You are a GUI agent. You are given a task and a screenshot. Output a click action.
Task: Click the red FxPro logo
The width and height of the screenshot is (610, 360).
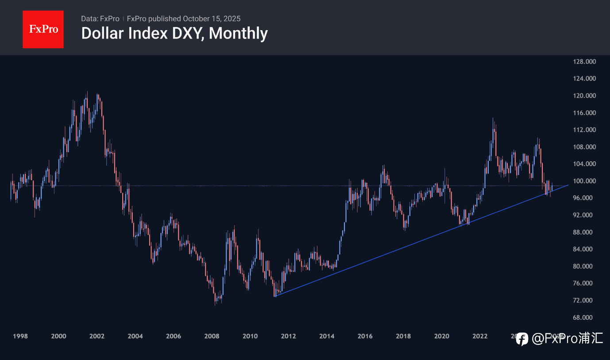click(x=43, y=29)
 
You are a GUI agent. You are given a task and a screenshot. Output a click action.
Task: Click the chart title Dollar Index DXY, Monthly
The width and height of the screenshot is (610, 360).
click(x=174, y=34)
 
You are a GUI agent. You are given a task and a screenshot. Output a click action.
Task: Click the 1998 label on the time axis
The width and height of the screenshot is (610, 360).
click(x=20, y=337)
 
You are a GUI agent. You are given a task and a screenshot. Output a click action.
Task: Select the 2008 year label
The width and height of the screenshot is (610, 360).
click(x=212, y=337)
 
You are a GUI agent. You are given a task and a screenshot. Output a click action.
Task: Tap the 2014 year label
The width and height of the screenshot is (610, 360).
click(x=327, y=337)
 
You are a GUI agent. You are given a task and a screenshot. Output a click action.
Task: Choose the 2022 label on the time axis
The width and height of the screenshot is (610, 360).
click(x=480, y=337)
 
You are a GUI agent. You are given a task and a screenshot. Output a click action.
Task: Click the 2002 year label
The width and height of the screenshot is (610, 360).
click(x=97, y=337)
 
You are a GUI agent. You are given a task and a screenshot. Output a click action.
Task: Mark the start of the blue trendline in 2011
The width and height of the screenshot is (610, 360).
click(x=275, y=296)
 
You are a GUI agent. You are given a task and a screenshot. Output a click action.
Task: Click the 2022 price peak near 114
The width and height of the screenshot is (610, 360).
click(x=493, y=118)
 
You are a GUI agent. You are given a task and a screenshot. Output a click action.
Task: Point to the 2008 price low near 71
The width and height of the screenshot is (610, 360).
click(x=215, y=305)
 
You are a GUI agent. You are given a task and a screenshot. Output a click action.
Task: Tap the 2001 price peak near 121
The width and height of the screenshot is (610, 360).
click(x=87, y=92)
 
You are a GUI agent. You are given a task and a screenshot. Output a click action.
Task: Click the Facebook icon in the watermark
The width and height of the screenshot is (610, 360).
click(x=522, y=339)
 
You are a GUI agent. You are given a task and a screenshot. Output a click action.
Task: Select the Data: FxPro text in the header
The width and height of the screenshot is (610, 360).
click(x=100, y=19)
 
